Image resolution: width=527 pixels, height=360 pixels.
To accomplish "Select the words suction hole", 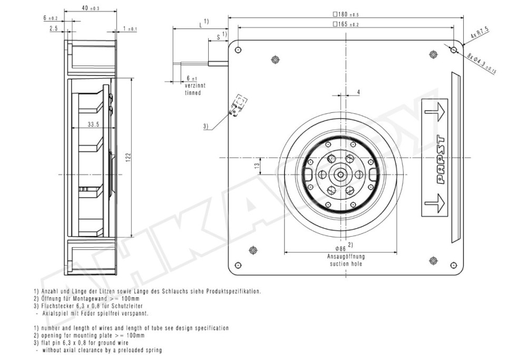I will click(342, 263).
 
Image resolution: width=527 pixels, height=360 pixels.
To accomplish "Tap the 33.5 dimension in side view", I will click(94, 124).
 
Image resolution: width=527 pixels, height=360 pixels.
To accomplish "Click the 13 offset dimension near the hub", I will click(257, 165).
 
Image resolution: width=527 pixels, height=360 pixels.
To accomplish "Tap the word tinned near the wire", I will click(192, 92).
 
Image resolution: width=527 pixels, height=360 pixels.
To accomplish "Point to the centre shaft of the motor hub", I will click(340, 174).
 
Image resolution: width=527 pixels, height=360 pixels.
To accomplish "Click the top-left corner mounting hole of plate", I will click(238, 50).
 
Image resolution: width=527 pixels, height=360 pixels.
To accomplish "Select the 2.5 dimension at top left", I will click(53, 29).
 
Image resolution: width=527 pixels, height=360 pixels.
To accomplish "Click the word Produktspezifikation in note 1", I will click(235, 290).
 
